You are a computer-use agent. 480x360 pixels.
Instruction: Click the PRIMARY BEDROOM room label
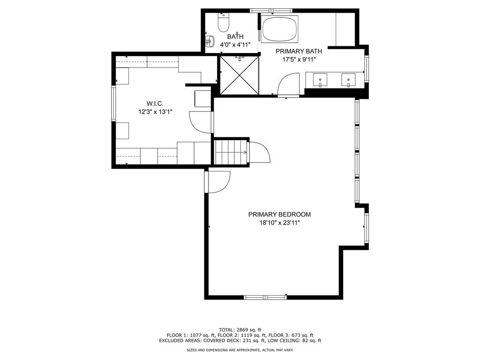coord(279,215)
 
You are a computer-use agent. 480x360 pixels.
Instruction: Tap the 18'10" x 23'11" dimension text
coord(279,223)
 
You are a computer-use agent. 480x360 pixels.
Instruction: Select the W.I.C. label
coord(155,104)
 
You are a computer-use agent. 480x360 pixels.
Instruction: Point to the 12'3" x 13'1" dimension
coord(156,112)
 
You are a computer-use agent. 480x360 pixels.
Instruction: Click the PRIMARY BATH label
coord(299,51)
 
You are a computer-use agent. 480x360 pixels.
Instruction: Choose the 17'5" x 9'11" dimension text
coord(299,60)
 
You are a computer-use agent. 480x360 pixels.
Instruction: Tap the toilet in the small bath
coord(223,23)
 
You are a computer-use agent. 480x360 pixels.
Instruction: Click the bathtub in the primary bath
coord(280,29)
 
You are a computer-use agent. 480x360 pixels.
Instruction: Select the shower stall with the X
coord(240,75)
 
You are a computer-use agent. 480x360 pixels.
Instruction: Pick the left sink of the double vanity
coord(320,80)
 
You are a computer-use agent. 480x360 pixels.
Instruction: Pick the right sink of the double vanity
coord(348,80)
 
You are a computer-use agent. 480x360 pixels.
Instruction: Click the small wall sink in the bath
coord(210,41)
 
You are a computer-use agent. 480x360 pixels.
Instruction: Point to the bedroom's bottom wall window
coord(265,297)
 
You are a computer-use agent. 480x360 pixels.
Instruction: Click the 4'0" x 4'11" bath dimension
coord(235,45)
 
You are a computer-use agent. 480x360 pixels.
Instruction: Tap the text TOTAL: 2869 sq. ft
coord(240,330)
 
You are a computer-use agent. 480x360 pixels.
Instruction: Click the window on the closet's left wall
coord(113,104)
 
